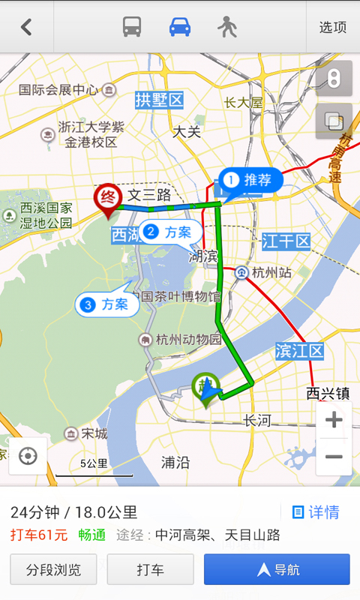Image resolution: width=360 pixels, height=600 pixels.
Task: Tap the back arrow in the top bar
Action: click(x=26, y=27)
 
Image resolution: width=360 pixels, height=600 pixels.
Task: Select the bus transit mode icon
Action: click(x=132, y=27)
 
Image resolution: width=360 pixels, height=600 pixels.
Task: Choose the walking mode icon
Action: click(x=226, y=27)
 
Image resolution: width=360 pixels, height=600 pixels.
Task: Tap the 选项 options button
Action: click(x=333, y=27)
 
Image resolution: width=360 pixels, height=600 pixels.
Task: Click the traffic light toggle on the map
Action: click(x=334, y=78)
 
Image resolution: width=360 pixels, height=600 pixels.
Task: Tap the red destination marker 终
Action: click(x=107, y=198)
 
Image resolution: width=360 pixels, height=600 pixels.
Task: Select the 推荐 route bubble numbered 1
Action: click(x=250, y=180)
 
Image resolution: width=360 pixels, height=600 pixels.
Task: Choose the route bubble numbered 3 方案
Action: click(x=106, y=304)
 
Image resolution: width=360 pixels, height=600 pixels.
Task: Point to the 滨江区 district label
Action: click(x=299, y=350)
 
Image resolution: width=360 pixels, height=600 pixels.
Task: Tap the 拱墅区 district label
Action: click(x=159, y=100)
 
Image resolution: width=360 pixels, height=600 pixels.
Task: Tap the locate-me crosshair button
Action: click(x=28, y=456)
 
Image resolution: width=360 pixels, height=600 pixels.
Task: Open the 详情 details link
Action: click(x=316, y=512)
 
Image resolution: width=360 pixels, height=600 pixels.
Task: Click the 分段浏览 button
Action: click(x=53, y=569)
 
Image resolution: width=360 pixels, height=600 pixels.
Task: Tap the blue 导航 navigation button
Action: click(x=277, y=569)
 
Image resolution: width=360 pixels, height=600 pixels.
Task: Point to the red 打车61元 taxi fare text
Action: click(x=39, y=535)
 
